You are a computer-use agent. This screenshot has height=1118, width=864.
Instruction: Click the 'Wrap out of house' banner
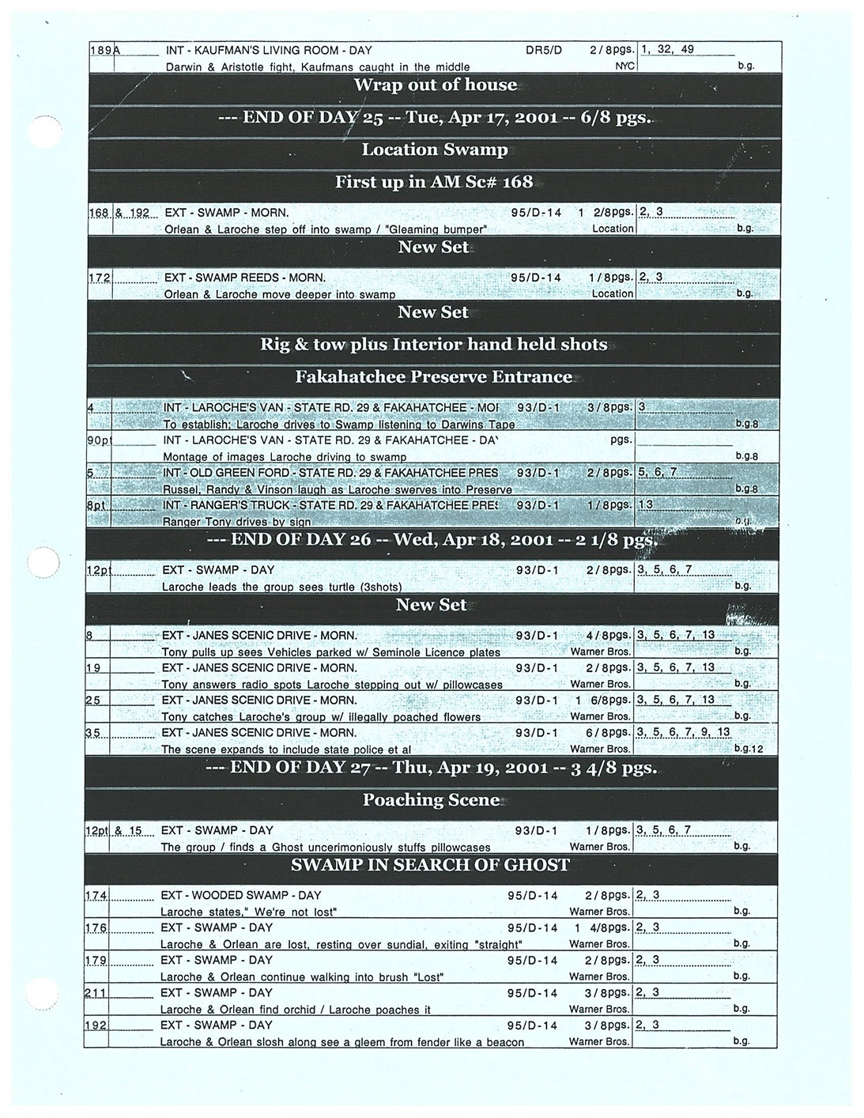click(435, 85)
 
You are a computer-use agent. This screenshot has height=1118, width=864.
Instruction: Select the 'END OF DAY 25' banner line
click(435, 118)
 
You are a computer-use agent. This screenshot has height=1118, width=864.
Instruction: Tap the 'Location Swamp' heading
click(435, 150)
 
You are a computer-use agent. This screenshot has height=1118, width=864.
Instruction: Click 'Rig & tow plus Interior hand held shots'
click(434, 344)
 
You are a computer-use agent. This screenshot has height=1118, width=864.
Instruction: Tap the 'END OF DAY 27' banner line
click(431, 768)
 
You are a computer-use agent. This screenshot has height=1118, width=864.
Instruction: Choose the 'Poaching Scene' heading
click(432, 800)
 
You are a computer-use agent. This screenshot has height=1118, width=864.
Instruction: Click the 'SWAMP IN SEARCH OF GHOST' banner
click(431, 864)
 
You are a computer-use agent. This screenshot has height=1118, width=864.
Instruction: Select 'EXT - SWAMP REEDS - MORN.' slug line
click(245, 278)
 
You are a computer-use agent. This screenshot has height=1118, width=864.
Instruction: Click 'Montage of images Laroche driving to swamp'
click(285, 457)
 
